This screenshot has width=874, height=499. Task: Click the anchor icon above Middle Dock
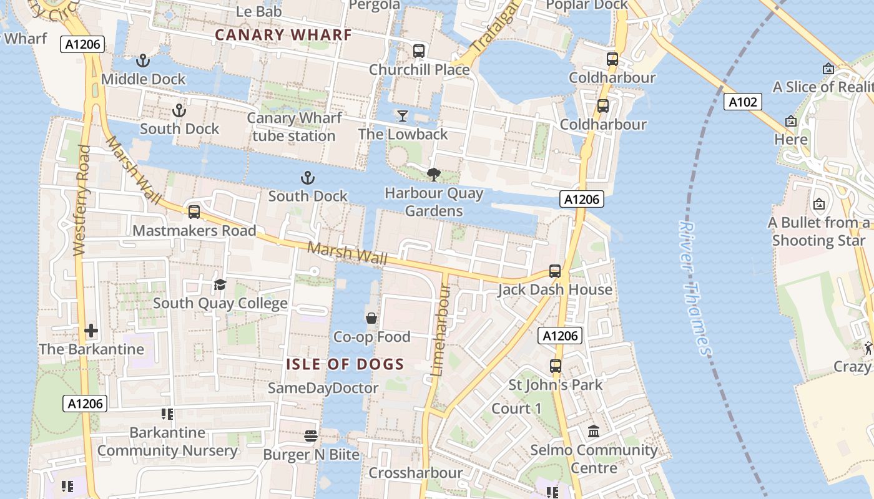coord(144,61)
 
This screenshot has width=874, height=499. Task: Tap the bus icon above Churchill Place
coord(419,51)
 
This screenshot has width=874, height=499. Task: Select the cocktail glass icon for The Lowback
coord(403,115)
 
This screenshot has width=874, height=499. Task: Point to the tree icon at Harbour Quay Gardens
coord(433,175)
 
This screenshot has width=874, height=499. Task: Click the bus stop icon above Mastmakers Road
coord(194,212)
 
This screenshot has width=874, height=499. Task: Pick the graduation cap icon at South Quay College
coord(220,285)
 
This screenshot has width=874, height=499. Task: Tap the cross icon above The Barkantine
coord(91,330)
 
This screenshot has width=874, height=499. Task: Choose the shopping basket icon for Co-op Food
coord(371,318)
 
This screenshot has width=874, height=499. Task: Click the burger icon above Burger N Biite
coord(311,435)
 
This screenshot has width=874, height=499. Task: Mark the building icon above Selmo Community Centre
coord(594,431)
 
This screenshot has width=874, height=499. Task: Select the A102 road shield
coord(743,102)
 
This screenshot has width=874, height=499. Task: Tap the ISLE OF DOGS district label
coord(345,364)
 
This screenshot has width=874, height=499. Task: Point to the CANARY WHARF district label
coord(283,35)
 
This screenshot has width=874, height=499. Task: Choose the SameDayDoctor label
coord(323,388)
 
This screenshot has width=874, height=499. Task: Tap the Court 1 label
coord(516,409)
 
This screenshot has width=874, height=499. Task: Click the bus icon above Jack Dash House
coord(555,271)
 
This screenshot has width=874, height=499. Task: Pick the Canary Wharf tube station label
coord(294,127)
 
